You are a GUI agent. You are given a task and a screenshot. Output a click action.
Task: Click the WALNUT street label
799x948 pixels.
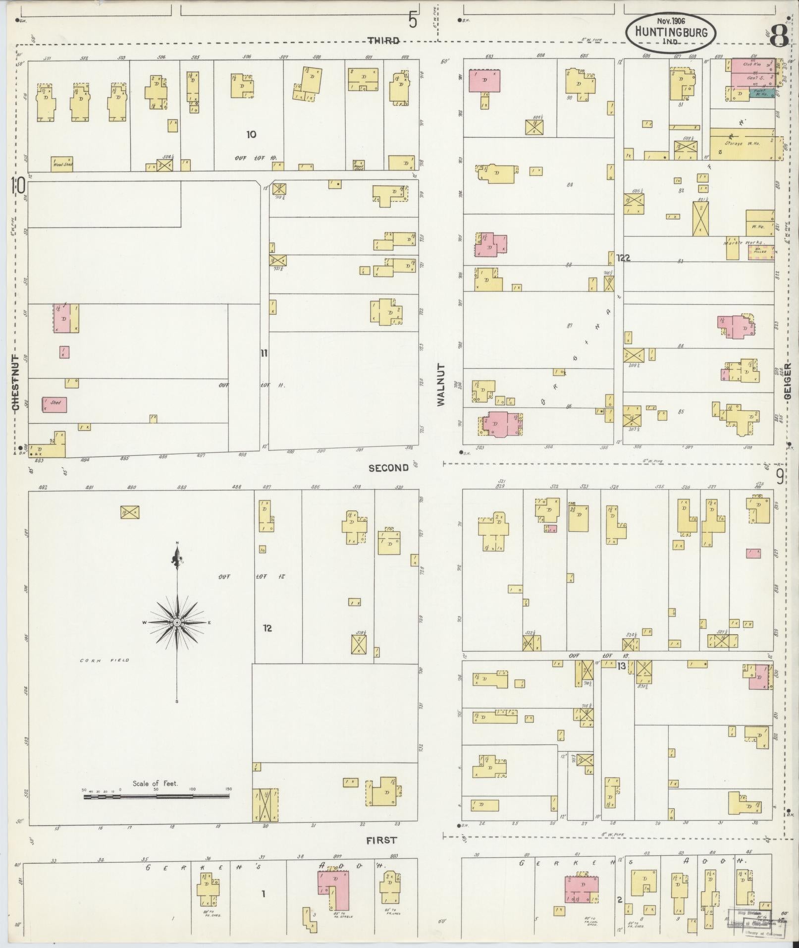(441, 385)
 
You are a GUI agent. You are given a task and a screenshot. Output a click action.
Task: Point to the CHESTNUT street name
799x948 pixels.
(15, 382)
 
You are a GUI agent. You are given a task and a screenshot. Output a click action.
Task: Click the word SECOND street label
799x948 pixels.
(388, 467)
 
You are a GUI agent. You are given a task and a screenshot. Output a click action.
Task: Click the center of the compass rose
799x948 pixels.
(177, 622)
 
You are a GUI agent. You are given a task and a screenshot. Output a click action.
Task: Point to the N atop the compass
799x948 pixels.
(177, 543)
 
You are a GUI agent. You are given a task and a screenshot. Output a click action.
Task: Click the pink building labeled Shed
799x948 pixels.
(54, 404)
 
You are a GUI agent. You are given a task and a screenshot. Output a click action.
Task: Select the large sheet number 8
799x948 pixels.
(779, 36)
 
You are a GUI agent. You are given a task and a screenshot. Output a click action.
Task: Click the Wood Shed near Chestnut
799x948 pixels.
(62, 164)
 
